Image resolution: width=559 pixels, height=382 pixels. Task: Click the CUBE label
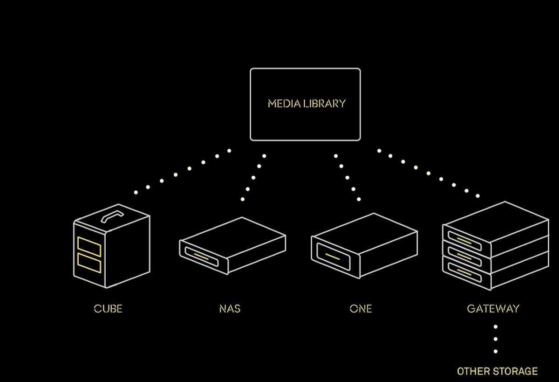[108, 309]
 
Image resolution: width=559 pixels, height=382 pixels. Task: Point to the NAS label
[230, 309]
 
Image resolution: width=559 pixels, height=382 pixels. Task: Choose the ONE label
[361, 309]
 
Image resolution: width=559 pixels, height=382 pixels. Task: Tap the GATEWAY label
[493, 309]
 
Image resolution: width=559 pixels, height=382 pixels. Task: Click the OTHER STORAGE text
[497, 371]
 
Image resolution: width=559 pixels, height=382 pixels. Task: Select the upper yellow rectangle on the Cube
[89, 247]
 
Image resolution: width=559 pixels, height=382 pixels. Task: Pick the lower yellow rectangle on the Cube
[89, 263]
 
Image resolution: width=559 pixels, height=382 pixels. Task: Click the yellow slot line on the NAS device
[201, 256]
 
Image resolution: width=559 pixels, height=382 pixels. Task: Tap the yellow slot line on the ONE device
[332, 256]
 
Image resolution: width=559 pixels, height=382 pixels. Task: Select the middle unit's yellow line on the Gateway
[464, 256]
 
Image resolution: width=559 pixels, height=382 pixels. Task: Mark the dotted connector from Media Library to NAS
[253, 177]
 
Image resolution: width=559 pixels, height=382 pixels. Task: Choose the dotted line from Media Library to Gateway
[429, 173]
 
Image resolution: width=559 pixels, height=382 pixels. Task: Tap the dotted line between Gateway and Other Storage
[496, 339]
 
